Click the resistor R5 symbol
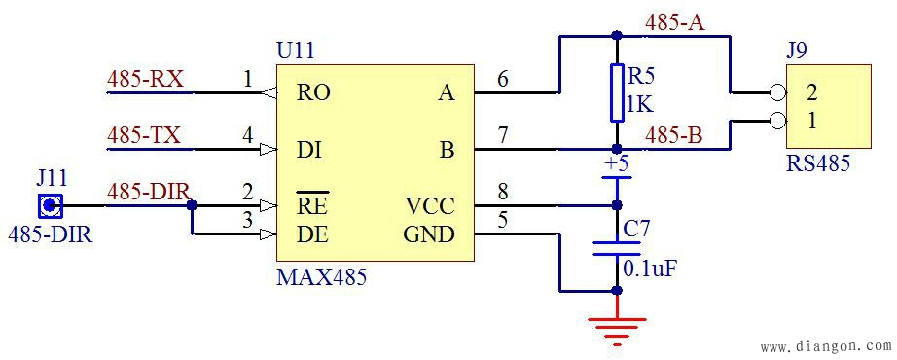point(616,93)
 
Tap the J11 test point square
point(50,206)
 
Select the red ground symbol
point(616,329)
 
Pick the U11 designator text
point(296,51)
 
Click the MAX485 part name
point(322,278)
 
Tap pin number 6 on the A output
point(502,79)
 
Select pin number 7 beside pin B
point(502,135)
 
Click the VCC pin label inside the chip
point(429,207)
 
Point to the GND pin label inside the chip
point(429,234)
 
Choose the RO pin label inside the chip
point(313,93)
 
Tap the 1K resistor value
point(639,103)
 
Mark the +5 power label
point(616,162)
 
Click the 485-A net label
point(674,22)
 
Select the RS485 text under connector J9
point(817,163)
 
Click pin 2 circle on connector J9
point(776,93)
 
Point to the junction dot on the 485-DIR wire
point(192,206)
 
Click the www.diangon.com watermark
point(824,346)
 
